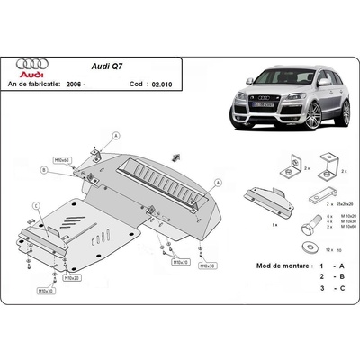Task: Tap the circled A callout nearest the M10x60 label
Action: (x=115, y=136)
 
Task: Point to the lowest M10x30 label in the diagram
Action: (x=44, y=292)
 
